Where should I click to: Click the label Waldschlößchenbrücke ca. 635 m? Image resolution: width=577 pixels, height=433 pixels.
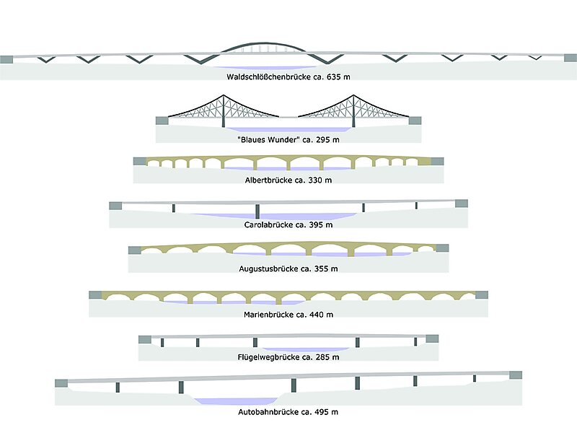coord(288,75)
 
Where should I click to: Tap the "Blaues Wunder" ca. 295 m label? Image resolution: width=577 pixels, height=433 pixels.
coord(288,139)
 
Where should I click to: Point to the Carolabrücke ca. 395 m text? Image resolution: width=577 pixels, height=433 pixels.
coord(288,224)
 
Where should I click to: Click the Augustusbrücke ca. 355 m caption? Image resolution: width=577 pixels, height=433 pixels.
coord(288,268)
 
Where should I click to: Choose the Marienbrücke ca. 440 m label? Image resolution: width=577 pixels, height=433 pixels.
coord(288,314)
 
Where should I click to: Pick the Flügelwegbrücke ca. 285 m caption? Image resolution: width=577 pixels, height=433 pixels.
coord(288,356)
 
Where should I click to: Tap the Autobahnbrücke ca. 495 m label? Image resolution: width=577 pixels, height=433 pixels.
coord(288,411)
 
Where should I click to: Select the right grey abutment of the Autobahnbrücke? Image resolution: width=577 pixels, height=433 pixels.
coord(515,375)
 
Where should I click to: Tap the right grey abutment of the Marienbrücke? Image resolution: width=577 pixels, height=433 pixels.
coord(481,295)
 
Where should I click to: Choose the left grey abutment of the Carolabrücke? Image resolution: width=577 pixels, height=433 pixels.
coord(115,206)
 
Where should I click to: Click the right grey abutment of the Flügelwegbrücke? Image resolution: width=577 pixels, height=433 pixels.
coord(432,338)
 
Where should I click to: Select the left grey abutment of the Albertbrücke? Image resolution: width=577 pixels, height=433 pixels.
coord(139,161)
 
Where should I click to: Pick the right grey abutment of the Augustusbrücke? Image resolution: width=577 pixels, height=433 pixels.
coord(442,248)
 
